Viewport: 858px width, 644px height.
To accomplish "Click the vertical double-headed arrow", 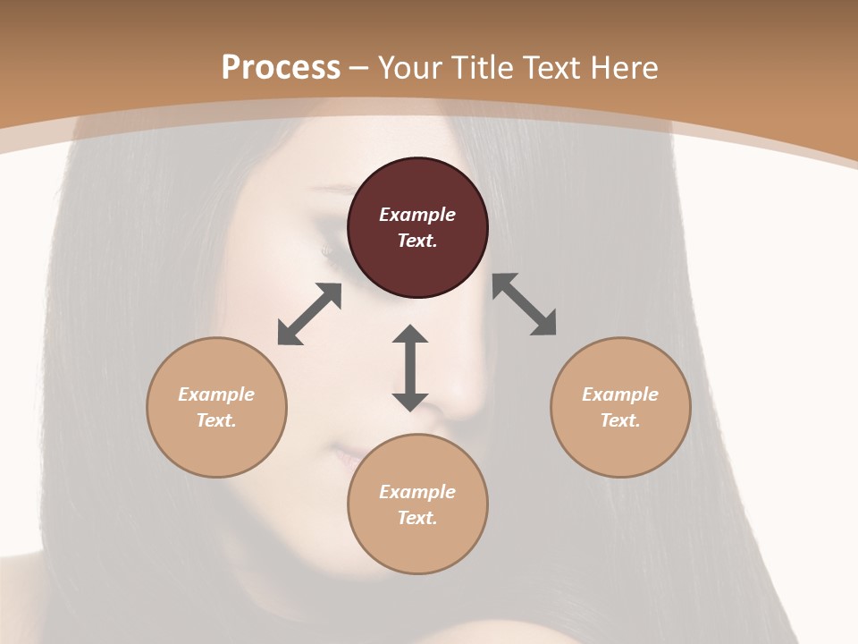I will (x=410, y=368).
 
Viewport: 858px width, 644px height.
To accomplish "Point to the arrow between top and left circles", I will (x=310, y=314).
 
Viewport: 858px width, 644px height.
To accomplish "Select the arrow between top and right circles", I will (x=525, y=305).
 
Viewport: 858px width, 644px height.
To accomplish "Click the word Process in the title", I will (x=281, y=68).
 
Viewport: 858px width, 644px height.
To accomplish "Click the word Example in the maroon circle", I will (x=417, y=215).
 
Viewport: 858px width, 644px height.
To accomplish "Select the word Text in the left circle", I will (x=216, y=420).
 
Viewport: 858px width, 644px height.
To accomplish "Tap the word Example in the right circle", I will (x=620, y=394).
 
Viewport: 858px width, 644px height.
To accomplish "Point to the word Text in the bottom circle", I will (x=417, y=518).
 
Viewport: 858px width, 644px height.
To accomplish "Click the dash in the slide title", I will (x=359, y=68).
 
